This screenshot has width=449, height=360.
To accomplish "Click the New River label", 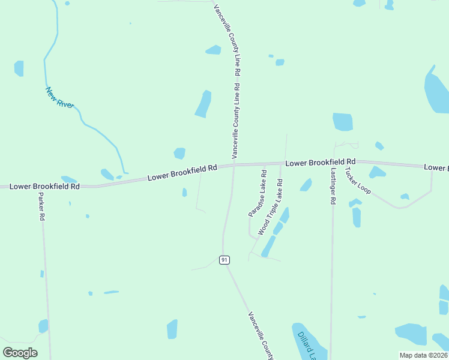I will pos(60,98).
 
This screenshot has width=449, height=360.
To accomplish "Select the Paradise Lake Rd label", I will pos(258,193).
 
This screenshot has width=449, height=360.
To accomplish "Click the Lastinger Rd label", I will pos(332,186).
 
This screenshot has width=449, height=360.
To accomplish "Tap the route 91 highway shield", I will pos(224,260).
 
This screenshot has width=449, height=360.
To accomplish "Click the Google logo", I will pos(20,353).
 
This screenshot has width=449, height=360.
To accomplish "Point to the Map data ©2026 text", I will pos(424,355).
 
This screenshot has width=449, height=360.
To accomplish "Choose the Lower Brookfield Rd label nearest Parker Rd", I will pos(45,187).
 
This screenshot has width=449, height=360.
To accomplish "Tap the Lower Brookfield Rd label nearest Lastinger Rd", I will pos(321,162).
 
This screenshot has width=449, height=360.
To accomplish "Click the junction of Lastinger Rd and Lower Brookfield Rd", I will pos(334,162).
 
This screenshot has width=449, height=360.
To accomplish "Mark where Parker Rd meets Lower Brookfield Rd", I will pos(40,187).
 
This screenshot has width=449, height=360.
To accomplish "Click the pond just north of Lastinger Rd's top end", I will pos(343,122).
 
